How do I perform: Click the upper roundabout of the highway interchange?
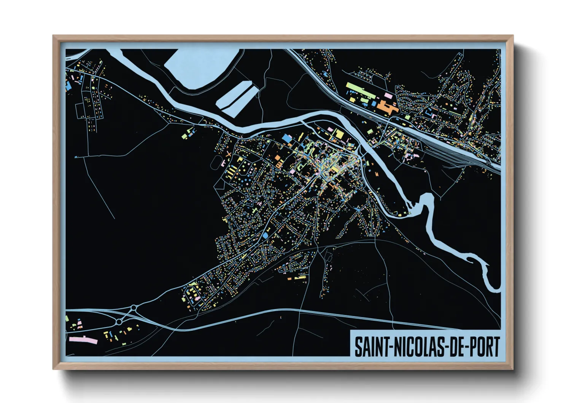click(x=134, y=307)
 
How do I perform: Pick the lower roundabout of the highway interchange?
click(x=119, y=322)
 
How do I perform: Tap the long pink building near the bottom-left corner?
click(x=83, y=339)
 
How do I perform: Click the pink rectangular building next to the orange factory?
click(x=388, y=94)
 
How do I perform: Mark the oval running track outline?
click(x=216, y=162)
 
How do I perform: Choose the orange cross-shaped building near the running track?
click(x=228, y=154)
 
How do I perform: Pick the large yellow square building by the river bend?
click(x=338, y=134)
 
